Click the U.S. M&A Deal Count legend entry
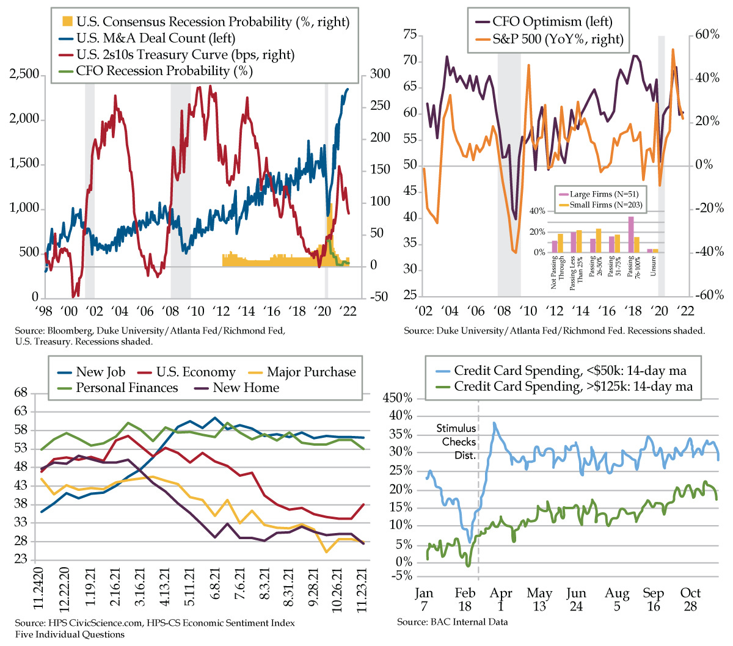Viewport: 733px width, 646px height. (155, 38)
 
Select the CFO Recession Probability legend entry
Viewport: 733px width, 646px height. (164, 71)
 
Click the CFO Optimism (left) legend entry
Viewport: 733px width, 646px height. (552, 22)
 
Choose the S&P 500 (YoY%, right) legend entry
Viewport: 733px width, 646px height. (558, 40)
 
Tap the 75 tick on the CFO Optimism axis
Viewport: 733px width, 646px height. (410, 35)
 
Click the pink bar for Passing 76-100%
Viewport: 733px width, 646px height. (631, 234)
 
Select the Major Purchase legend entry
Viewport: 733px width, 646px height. (311, 372)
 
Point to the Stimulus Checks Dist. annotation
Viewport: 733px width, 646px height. (456, 442)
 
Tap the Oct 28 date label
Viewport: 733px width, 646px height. (691, 600)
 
